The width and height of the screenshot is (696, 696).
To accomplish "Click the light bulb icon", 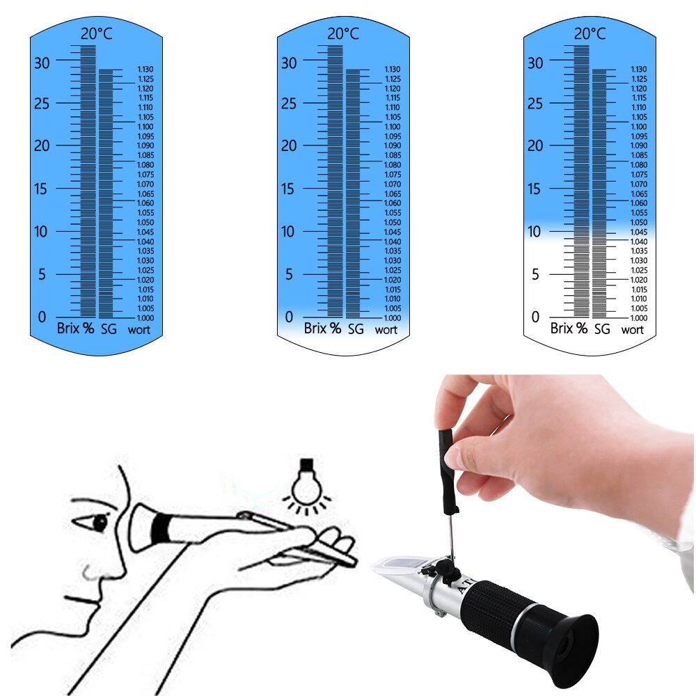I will point(306,481).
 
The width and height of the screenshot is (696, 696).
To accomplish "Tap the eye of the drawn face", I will point(100,522).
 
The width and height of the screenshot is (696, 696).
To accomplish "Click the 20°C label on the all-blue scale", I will point(96,33).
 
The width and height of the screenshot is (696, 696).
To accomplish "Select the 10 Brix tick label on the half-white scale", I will point(534,231).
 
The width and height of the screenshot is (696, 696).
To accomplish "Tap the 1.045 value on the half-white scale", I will point(639,232).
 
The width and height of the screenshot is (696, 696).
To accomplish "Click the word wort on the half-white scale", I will point(633,330).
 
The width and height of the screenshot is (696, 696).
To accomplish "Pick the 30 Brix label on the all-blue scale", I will point(42,62).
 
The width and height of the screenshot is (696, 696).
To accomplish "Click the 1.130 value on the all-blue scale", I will point(145,69).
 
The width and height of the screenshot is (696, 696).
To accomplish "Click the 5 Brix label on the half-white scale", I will point(535,274).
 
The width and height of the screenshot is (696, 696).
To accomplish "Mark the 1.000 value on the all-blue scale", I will point(145,317).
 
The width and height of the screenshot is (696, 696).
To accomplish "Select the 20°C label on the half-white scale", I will point(590,33).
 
